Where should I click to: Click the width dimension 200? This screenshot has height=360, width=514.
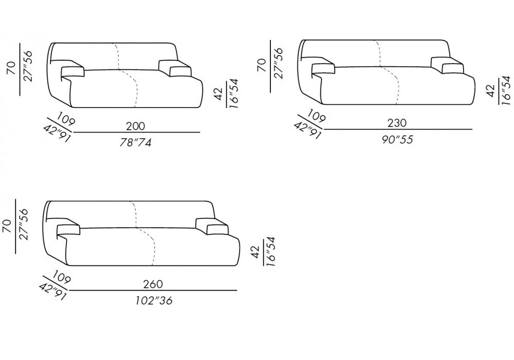135,126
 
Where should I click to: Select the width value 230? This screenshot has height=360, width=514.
397,123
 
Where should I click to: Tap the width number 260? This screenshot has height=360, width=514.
153,284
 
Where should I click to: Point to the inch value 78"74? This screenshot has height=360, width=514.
135,142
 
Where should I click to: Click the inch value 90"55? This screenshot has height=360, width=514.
397,140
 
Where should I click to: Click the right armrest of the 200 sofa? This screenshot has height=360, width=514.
175,68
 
